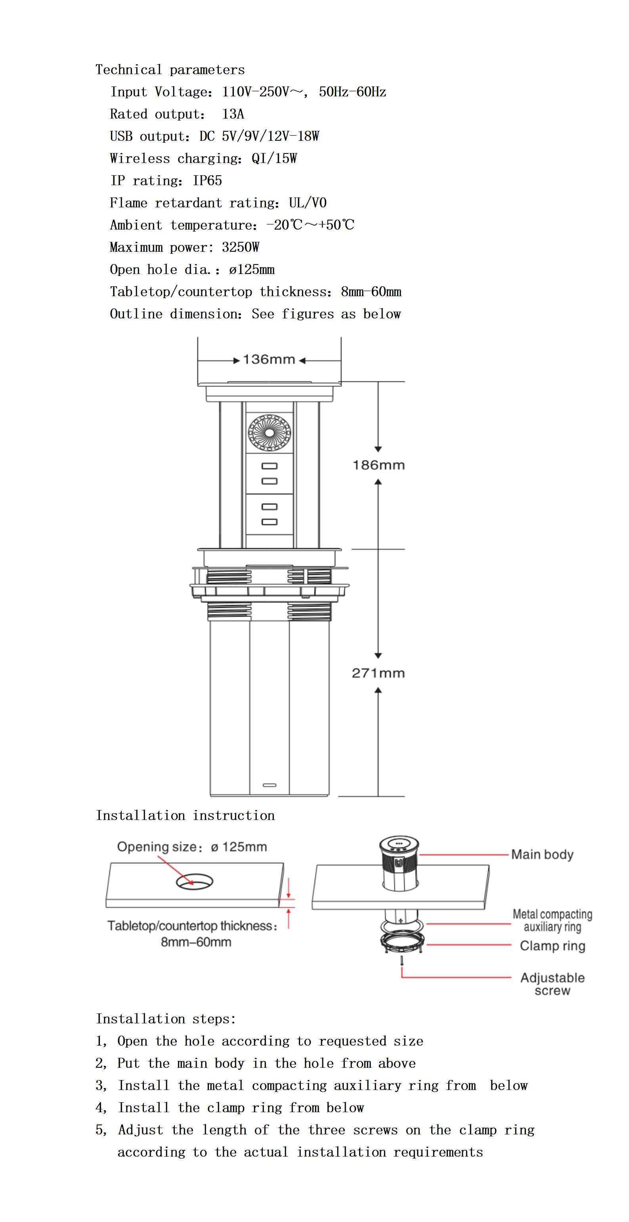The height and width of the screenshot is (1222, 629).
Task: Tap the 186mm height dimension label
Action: (379, 465)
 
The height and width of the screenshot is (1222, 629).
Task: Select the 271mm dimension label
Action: (378, 673)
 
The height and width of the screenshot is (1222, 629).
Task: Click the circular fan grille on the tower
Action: (270, 432)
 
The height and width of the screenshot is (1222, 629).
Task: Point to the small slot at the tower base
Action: (270, 785)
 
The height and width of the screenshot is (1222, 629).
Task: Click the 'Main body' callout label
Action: (542, 854)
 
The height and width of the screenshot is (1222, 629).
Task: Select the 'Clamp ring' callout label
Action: (552, 946)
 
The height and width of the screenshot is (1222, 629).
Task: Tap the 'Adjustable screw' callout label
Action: (552, 984)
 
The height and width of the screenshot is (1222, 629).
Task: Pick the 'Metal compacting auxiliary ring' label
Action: (552, 920)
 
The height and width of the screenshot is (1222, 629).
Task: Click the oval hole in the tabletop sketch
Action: (195, 881)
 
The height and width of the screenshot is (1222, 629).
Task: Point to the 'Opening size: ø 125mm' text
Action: (192, 847)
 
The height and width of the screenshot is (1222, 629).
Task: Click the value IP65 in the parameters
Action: (207, 181)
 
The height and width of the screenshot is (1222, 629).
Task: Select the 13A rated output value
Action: (233, 114)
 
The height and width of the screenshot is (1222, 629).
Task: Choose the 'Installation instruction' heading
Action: (185, 816)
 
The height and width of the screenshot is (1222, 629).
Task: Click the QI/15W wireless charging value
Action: (274, 159)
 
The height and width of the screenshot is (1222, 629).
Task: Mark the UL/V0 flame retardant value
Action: (308, 203)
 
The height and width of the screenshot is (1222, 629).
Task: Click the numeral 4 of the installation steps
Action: (99, 1108)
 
